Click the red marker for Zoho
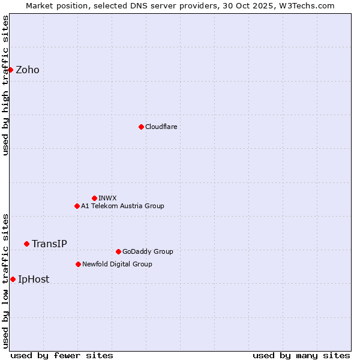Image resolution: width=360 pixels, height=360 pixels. pos(10,70)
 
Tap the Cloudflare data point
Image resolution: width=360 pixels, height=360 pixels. pos(141,127)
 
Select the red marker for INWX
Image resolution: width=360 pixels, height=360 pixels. pos(94,198)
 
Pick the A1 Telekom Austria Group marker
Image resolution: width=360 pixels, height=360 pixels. pos(77,206)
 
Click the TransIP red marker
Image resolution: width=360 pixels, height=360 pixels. pos(26,244)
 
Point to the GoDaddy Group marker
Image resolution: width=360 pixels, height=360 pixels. pos(118,251)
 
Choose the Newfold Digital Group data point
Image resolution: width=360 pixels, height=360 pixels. pos(78,264)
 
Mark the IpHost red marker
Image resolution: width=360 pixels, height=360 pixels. pos(13,279)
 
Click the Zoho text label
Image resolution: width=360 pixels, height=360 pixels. pos(28,70)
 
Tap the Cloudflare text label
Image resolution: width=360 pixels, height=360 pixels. pos(161,127)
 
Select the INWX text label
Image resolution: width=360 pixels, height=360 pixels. pos(107,198)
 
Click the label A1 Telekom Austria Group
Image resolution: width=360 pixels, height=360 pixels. pos(122,206)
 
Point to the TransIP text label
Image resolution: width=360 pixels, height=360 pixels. pos(49,244)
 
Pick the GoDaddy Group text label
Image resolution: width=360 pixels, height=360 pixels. pos(148,251)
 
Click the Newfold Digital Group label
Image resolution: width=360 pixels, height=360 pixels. pos(117,264)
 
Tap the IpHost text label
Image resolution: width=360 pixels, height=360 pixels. pos(34,279)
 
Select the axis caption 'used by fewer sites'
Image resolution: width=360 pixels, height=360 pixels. pos(62,355)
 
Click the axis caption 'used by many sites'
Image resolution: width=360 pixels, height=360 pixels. pos(301,355)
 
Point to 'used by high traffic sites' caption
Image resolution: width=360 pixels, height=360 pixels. pos(5,85)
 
